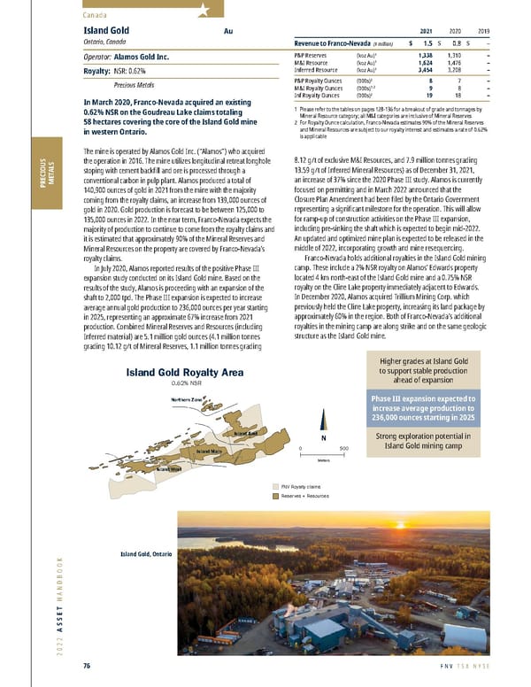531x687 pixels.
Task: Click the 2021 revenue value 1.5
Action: (428, 42)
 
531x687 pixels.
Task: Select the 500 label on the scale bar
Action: (343, 447)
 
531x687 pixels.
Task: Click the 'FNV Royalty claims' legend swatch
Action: (274, 487)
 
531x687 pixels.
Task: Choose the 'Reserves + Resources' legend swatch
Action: (274, 497)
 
